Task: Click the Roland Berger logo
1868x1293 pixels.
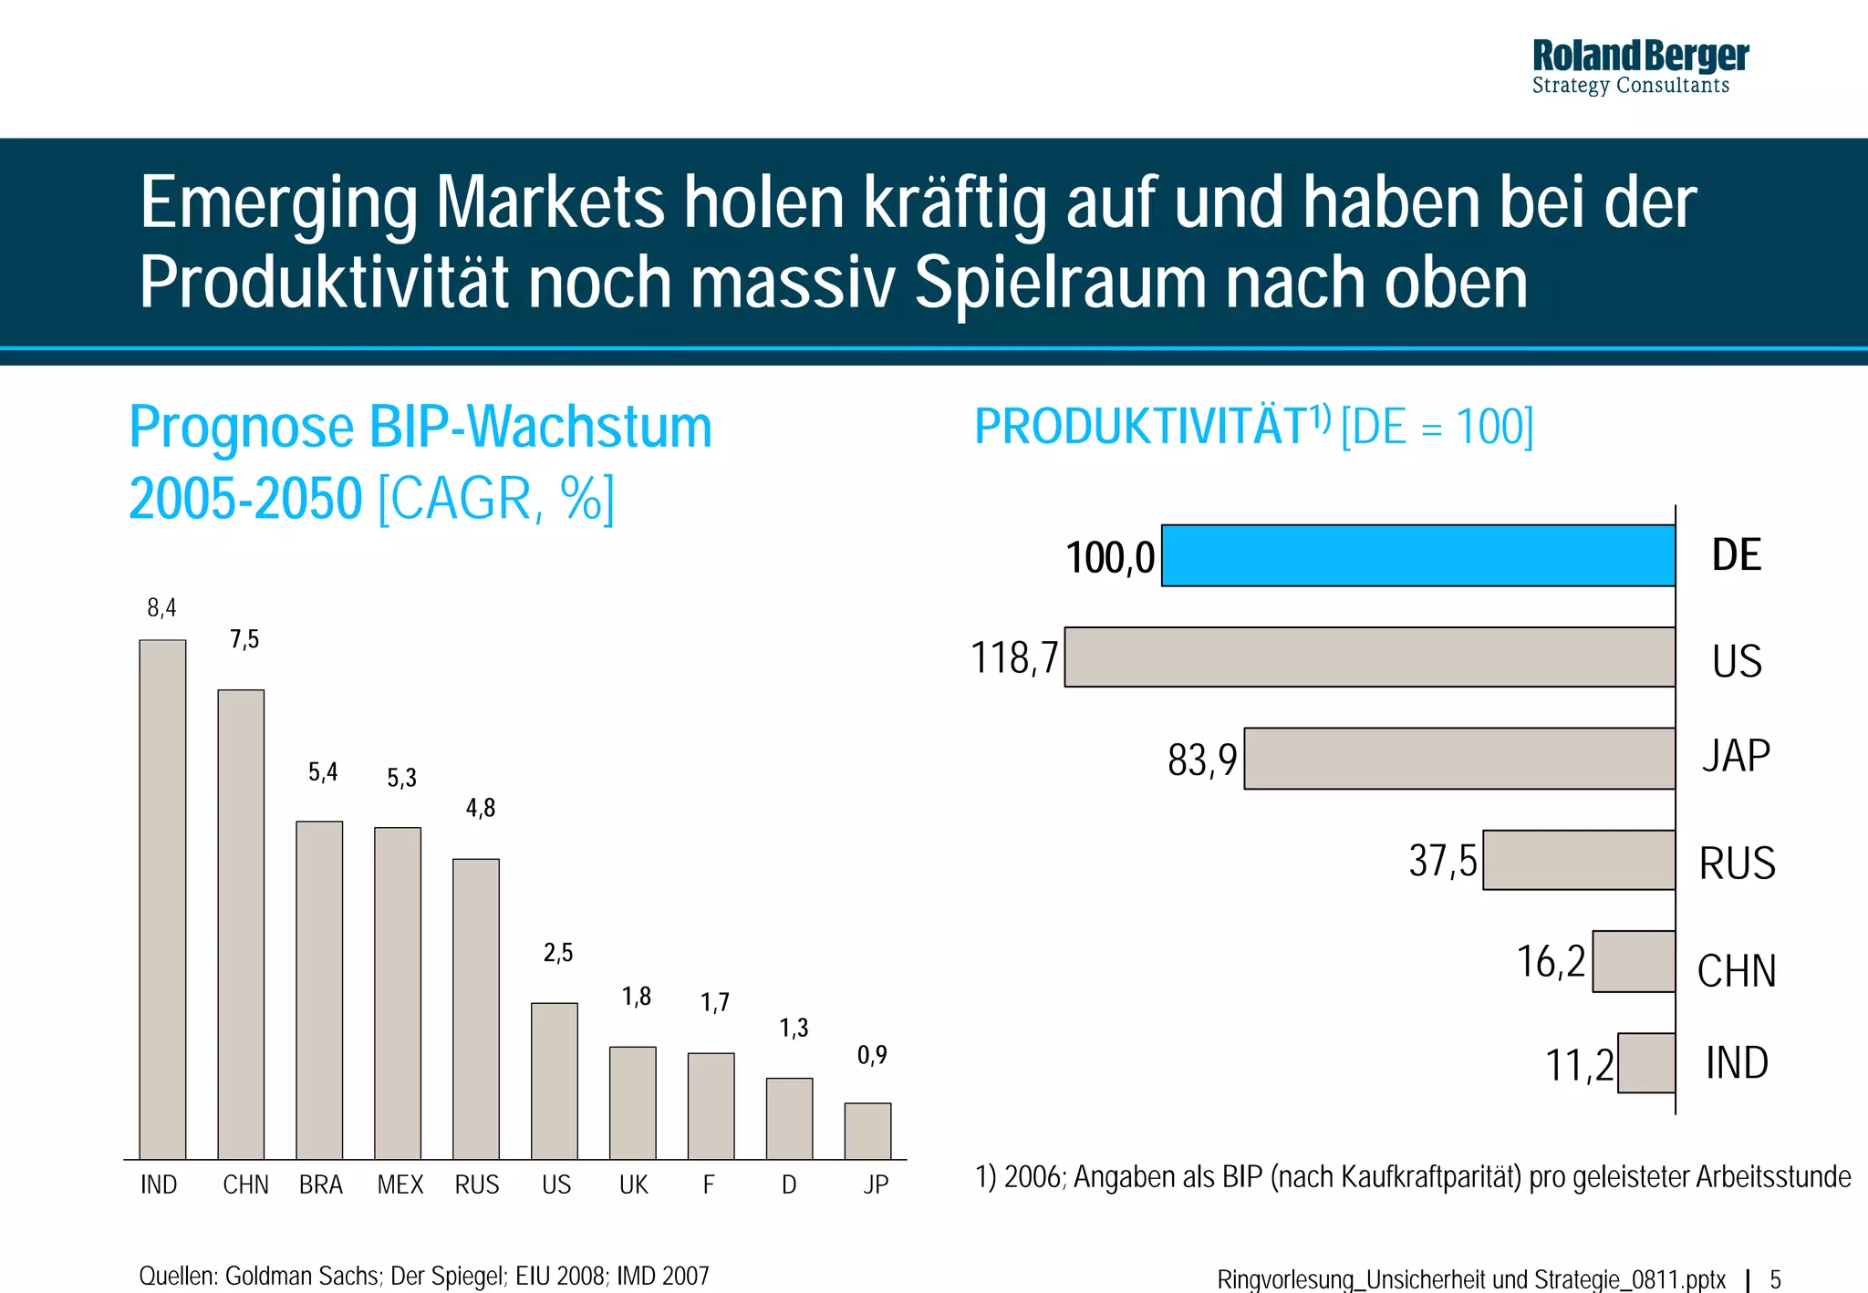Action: [x=1639, y=67]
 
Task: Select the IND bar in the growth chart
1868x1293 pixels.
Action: [x=162, y=898]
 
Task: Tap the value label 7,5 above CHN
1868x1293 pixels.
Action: [x=244, y=639]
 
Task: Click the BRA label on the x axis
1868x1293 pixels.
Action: [x=320, y=1184]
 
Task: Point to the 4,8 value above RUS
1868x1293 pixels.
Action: [x=481, y=808]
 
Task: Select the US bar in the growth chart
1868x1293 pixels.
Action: [x=555, y=1081]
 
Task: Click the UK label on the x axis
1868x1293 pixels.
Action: [x=633, y=1184]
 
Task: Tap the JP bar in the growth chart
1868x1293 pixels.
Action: [x=867, y=1131]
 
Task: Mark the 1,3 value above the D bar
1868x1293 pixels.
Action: [x=794, y=1029]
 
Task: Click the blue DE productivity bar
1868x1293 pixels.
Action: [x=1417, y=555]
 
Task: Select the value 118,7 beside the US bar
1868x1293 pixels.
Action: [x=1014, y=657]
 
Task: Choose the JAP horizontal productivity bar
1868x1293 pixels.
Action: [x=1459, y=758]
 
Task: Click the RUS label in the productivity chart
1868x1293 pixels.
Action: [x=1737, y=863]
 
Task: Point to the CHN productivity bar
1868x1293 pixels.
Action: [x=1634, y=961]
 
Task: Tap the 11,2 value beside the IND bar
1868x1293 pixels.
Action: [x=1579, y=1065]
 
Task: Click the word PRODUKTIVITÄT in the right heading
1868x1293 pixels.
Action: [x=1141, y=427]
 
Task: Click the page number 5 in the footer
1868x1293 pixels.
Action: [x=1775, y=1279]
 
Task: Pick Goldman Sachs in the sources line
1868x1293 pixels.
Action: [x=302, y=1276]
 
